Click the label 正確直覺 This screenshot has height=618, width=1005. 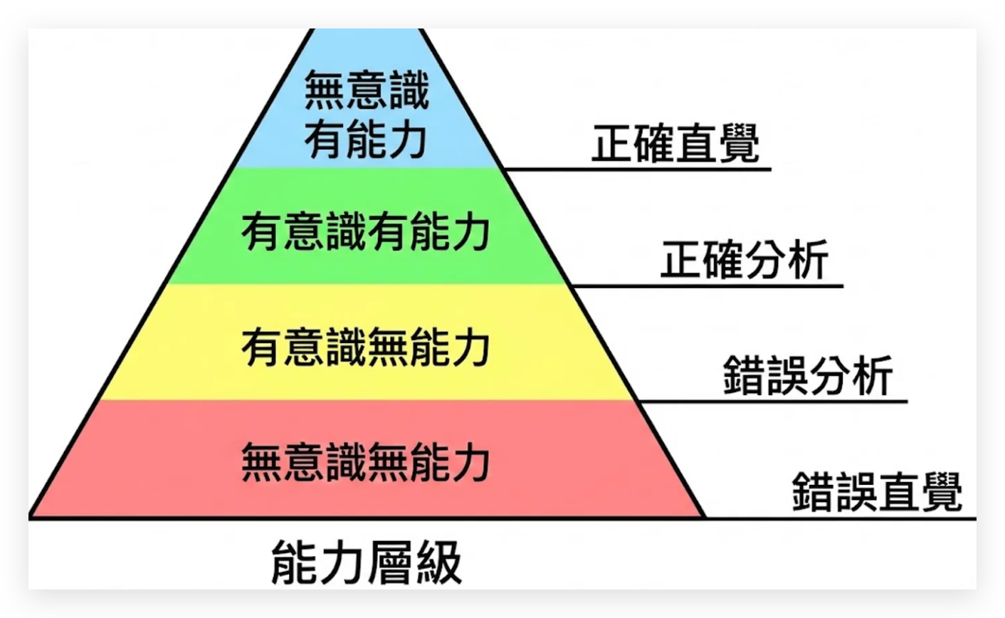coord(675,143)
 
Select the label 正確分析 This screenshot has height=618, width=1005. coord(744,260)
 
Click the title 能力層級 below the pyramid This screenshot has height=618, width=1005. coord(367,562)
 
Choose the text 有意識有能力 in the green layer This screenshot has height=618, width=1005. coord(366,231)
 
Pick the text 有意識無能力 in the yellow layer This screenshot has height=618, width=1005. coord(366,347)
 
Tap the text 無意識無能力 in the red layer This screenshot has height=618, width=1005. coord(366,462)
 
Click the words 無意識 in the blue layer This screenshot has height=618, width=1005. coord(366,90)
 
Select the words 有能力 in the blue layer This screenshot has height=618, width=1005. coord(366,139)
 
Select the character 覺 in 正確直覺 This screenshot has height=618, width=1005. coord(739,143)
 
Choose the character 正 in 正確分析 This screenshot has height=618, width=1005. coord(681,260)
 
